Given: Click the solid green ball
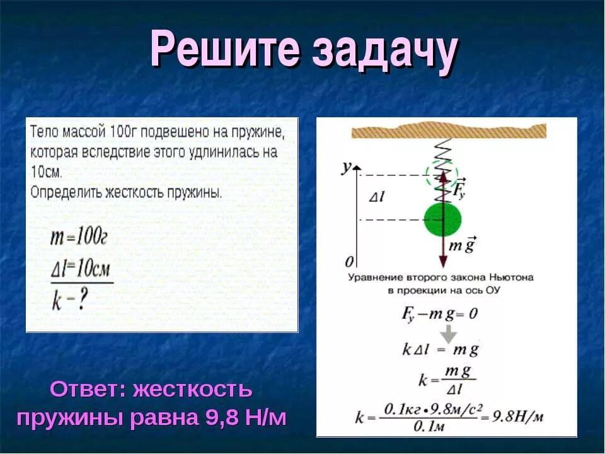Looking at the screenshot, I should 442,219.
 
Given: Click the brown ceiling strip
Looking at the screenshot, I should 448,131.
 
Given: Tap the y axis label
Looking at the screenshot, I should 346,168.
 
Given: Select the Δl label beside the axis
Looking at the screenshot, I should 376,197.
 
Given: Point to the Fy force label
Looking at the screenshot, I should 459,188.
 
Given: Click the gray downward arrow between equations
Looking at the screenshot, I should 448,332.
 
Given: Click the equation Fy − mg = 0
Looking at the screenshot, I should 439,313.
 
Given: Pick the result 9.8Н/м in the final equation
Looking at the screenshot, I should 519,417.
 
